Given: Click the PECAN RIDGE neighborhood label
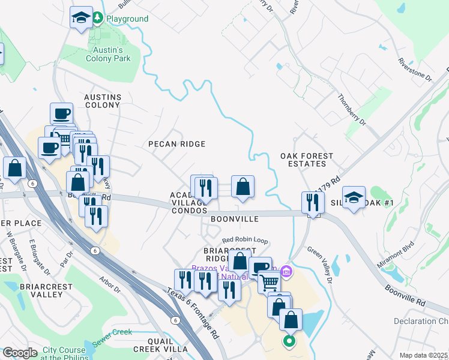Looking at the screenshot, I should click(177, 144).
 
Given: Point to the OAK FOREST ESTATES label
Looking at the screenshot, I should click(307, 160).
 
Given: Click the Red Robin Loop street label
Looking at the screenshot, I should click(244, 240).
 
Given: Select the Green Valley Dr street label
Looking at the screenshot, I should click(320, 265).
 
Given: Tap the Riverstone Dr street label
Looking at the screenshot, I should click(415, 70).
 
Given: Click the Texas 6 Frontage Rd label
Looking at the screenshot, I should click(193, 313).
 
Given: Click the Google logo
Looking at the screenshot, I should click(20, 353).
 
